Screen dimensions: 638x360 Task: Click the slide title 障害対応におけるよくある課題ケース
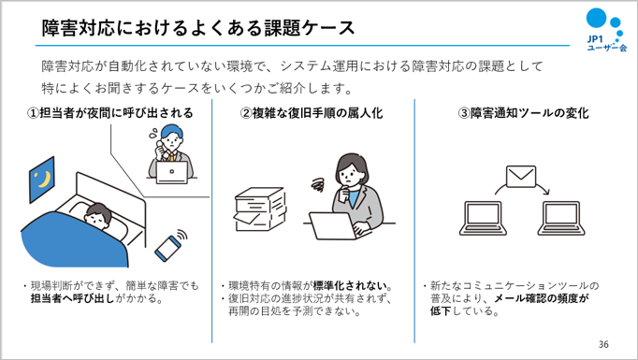198,28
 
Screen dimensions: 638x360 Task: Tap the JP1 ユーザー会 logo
606,31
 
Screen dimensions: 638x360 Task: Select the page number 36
603,344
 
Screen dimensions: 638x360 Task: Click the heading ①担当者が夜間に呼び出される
109,113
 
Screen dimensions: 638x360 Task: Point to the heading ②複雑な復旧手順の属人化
312,113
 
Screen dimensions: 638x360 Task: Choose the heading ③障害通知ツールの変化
524,113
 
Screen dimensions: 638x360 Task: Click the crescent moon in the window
44,179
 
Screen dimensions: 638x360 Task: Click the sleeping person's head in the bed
98,216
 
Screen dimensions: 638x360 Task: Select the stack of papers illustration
260,209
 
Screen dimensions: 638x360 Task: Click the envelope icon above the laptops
521,176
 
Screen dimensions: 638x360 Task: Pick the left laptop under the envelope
483,218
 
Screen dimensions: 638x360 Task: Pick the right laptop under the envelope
562,218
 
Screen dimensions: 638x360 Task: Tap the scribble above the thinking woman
319,185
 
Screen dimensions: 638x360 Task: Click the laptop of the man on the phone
172,172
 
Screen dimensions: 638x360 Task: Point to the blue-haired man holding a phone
171,151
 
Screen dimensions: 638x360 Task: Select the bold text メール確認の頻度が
541,298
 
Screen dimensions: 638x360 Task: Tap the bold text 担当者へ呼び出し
73,298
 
